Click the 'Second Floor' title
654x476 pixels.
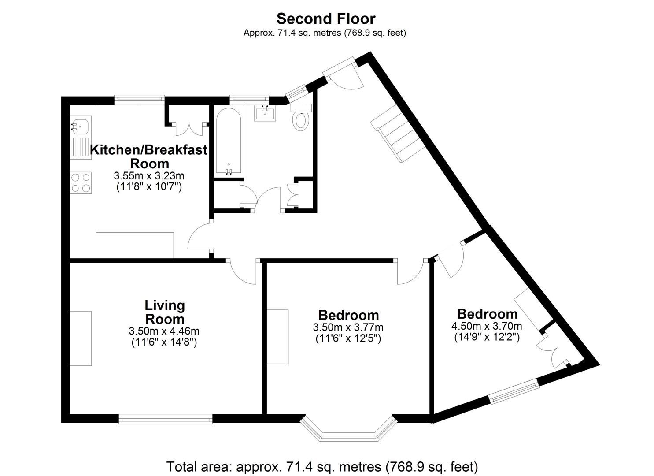coord(326,19)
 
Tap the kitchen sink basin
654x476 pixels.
coord(81,126)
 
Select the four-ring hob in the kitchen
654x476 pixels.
coord(81,182)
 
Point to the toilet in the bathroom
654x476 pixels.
coord(301,119)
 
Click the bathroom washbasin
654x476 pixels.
coord(265,113)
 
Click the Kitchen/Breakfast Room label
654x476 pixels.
coord(149,156)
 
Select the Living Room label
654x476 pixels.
coord(165,312)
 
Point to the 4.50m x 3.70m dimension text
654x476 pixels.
coord(487,326)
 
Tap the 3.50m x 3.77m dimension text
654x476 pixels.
coord(348,327)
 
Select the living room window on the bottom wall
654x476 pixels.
coord(166,419)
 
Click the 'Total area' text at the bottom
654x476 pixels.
coord(322,466)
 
